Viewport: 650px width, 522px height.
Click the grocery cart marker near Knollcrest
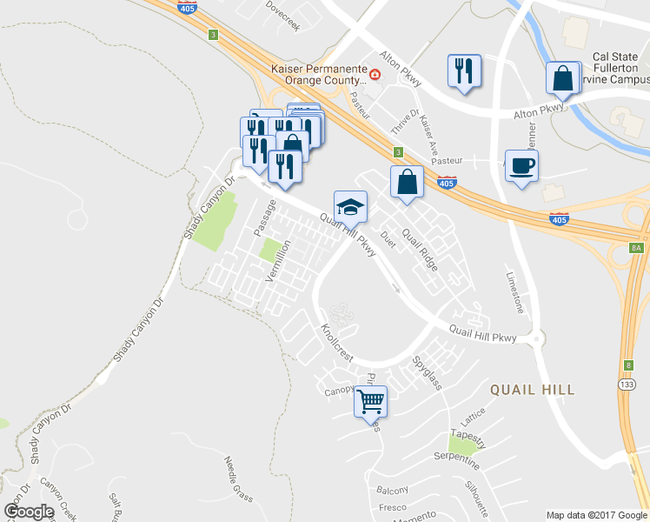tap(370, 401)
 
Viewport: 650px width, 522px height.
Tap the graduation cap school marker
tap(350, 206)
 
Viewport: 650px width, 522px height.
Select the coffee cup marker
tap(521, 165)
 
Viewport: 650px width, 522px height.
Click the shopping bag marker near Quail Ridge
tap(407, 183)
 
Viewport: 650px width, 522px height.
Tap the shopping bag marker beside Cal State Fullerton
tap(563, 77)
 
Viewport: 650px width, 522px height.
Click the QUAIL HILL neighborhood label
tap(533, 390)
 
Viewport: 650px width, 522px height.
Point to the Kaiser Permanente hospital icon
tap(375, 76)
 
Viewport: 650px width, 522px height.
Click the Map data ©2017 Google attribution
tap(595, 515)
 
